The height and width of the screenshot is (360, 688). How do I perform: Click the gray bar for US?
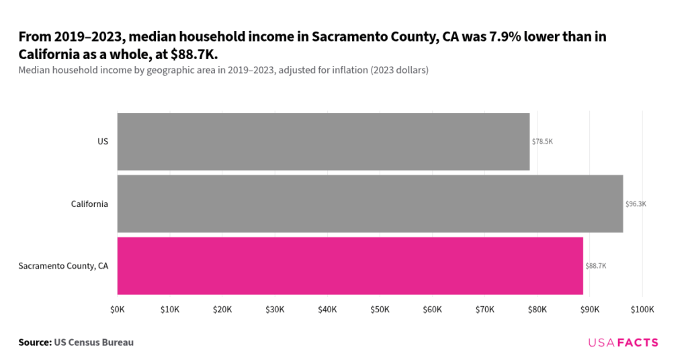pos(323,141)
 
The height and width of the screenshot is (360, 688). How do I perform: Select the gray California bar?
pos(370,204)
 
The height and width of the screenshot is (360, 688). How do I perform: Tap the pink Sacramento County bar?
pos(349,265)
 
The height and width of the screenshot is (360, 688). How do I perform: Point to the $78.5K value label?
pos(542,142)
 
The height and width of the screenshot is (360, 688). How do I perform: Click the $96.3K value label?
pos(636,204)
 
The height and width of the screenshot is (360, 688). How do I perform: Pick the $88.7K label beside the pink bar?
pos(596,266)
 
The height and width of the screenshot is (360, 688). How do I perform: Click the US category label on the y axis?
pos(103,142)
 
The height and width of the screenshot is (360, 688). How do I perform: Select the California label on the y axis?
pos(89,204)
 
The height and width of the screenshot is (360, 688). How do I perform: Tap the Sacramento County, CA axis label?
pos(63,266)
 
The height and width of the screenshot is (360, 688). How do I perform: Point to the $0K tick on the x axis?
pos(117,309)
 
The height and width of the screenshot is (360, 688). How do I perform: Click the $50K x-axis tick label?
pos(380,309)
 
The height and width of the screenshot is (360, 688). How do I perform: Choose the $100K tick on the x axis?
pos(642,309)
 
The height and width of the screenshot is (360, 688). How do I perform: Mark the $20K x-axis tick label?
pos(222,309)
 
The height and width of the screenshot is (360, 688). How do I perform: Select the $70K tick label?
pos(484,309)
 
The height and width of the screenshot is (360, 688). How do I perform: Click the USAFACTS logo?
pos(623,343)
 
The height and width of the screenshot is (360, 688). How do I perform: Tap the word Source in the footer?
pos(34,343)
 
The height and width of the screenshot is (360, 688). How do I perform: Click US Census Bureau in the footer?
pos(93,343)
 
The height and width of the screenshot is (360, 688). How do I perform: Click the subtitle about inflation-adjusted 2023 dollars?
pos(224,70)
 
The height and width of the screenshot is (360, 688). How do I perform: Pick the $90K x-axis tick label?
pos(590,309)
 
